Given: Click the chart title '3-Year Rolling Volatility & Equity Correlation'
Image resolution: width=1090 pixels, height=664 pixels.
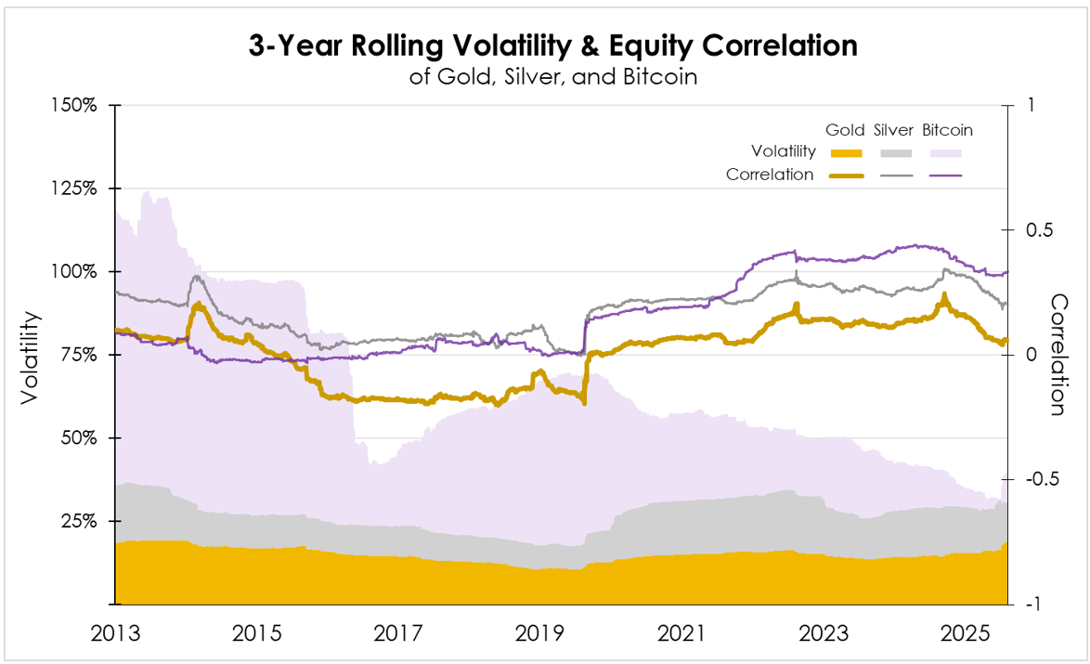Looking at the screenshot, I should pyautogui.click(x=552, y=46).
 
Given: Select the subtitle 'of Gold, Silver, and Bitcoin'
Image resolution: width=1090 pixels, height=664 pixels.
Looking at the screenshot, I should pyautogui.click(x=552, y=76).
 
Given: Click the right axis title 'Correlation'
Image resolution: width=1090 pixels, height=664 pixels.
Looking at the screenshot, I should pyautogui.click(x=1059, y=355).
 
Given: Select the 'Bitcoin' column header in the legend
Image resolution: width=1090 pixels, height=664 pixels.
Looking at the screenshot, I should pyautogui.click(x=947, y=130).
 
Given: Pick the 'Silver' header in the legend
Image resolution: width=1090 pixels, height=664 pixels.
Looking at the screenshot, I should pyautogui.click(x=893, y=130).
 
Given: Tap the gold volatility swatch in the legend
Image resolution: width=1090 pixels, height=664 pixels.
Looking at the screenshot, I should pyautogui.click(x=845, y=153).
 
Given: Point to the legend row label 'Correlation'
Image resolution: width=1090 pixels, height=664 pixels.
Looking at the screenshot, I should pyautogui.click(x=770, y=175).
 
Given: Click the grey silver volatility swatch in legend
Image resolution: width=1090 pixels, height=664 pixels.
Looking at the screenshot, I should pyautogui.click(x=893, y=153).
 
